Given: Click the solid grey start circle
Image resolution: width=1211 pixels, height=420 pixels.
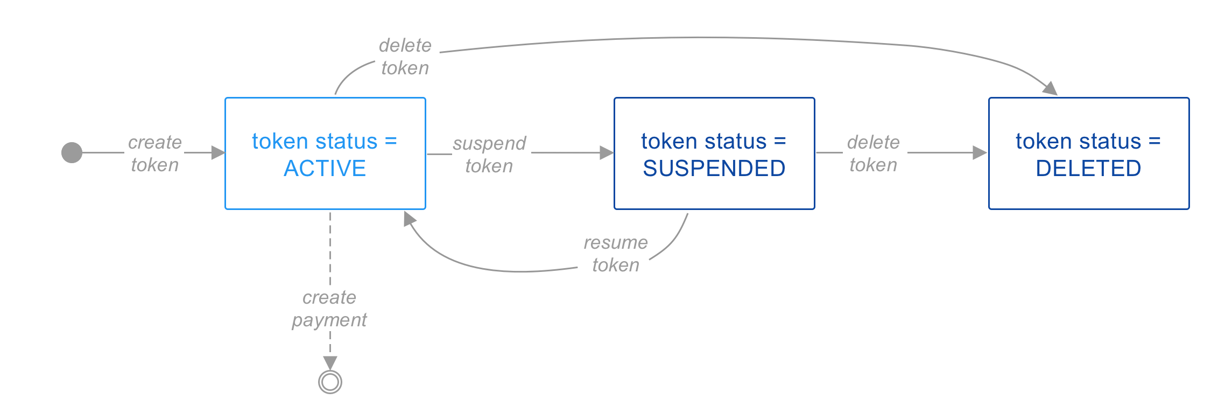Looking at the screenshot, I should pyautogui.click(x=72, y=152).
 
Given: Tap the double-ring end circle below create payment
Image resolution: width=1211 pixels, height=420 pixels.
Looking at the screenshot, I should pyautogui.click(x=330, y=382).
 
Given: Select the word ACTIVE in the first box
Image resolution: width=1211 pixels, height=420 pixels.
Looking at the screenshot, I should pyautogui.click(x=325, y=169).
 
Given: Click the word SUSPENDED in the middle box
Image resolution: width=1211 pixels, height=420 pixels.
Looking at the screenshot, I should pyautogui.click(x=714, y=169).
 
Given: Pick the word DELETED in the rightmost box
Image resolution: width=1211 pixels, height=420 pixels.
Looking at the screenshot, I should pyautogui.click(x=1088, y=169).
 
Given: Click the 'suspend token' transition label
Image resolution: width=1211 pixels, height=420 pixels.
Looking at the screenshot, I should pyautogui.click(x=489, y=155).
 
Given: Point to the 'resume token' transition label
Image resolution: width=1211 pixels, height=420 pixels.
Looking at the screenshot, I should pyautogui.click(x=616, y=254).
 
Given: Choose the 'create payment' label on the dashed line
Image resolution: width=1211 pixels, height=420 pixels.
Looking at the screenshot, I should pyautogui.click(x=329, y=309).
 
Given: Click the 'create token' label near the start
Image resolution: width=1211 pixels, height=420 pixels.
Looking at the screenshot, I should pyautogui.click(x=155, y=153).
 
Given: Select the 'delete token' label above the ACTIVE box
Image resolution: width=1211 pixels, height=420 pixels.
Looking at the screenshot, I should pyautogui.click(x=405, y=57).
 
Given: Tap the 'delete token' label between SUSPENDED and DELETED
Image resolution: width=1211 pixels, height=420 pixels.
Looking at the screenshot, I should pyautogui.click(x=873, y=153).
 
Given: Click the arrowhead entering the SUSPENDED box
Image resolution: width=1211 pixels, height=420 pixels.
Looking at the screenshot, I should pyautogui.click(x=607, y=153).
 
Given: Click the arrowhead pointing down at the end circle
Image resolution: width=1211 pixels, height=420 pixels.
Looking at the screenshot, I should pyautogui.click(x=330, y=362).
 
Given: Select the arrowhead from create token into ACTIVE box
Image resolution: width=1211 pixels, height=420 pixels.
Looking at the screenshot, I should pyautogui.click(x=217, y=153).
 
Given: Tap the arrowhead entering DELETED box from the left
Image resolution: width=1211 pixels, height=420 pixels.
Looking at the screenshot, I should pyautogui.click(x=980, y=153).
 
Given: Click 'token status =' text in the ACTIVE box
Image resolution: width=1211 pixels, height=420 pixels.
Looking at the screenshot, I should pyautogui.click(x=325, y=142).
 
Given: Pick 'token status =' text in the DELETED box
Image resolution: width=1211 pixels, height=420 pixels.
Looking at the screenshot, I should pyautogui.click(x=1088, y=142).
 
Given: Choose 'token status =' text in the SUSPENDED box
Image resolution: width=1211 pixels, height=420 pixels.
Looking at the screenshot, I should pyautogui.click(x=714, y=142).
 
